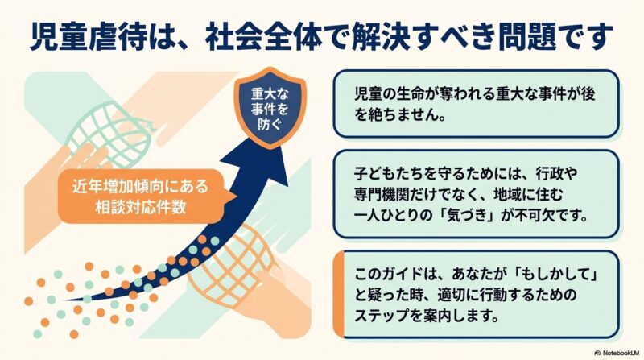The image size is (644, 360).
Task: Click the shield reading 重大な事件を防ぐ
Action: pos(270,108)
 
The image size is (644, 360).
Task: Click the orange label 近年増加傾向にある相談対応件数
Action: pos(141,197)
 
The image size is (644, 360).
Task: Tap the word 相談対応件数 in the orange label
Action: pos(141,207)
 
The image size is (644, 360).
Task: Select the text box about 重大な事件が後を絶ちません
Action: pos(476,104)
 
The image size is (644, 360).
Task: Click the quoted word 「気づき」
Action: pos(466,215)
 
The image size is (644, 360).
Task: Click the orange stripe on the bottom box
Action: pos(338,294)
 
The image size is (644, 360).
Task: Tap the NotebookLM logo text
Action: pos(617,353)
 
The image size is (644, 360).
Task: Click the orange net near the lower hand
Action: pos(231,267)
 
